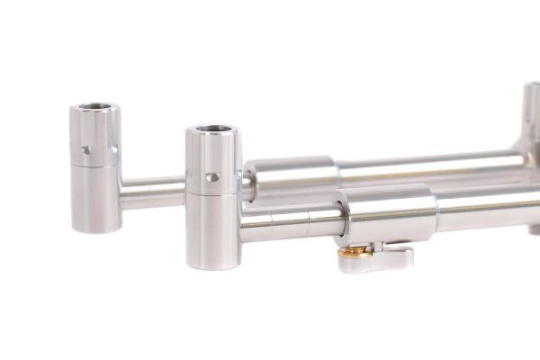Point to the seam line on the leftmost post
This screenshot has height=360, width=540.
click(x=95, y=167)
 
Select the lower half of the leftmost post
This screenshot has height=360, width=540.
click(x=95, y=198)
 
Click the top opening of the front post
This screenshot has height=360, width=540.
click(x=213, y=133)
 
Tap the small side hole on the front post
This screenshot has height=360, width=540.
click(x=211, y=177)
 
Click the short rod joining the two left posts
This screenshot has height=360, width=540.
click(x=153, y=192)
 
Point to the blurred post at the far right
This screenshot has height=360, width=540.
click(x=531, y=126)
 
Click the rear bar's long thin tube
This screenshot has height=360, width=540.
click(x=423, y=168)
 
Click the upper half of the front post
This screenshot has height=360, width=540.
click(x=214, y=162)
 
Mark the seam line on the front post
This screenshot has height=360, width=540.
click(x=214, y=193)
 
